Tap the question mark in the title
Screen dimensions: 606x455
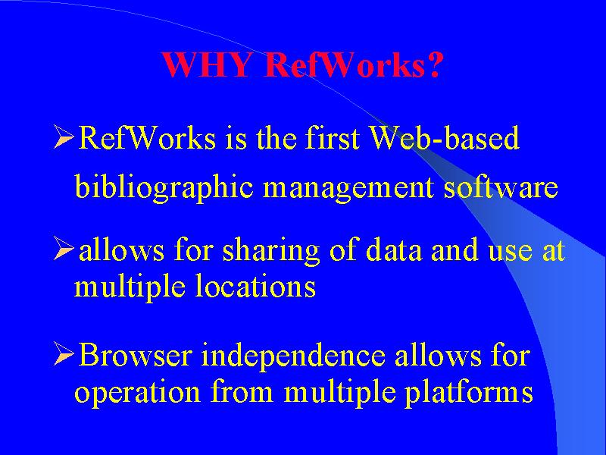[433, 64]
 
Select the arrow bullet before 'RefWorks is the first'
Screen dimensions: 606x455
[64, 136]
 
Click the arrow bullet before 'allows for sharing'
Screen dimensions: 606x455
[64, 249]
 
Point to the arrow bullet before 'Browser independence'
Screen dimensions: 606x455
[64, 354]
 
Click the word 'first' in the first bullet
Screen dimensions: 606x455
[333, 137]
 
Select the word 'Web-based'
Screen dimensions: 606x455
[445, 137]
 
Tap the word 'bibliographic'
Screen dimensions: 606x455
[164, 187]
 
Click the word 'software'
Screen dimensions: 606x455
[501, 187]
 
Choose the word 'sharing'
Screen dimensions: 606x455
[270, 251]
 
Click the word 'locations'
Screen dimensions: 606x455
[255, 286]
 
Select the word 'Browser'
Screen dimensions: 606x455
[135, 354]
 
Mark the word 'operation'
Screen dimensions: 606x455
[137, 393]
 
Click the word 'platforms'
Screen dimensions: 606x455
[469, 392]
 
